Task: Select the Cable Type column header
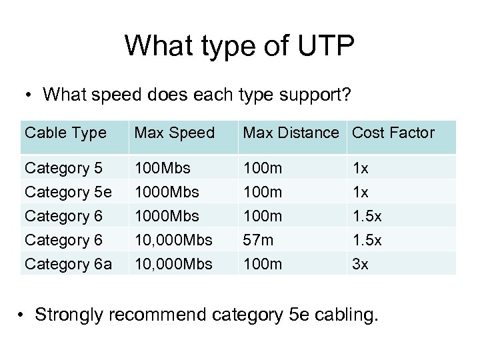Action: [65, 133]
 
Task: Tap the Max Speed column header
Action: [174, 133]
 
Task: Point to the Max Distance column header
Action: [291, 133]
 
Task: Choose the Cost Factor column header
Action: [393, 133]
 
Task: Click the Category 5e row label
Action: [68, 193]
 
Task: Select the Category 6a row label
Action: [68, 265]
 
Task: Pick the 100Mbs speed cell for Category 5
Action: [162, 169]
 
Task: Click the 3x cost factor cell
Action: [360, 265]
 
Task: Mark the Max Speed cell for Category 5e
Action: [167, 193]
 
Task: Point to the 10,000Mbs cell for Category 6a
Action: [173, 265]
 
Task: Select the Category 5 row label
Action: [63, 169]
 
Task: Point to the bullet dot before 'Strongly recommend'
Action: [23, 314]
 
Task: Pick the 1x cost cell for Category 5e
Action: [360, 193]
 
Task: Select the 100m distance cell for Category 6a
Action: [263, 265]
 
